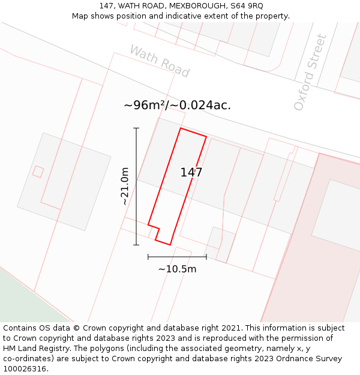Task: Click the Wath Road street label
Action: (x=160, y=61)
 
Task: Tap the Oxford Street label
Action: (x=310, y=73)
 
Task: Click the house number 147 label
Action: (x=191, y=173)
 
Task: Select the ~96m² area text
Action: (x=143, y=105)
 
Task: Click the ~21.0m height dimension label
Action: (x=125, y=186)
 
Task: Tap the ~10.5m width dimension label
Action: (x=177, y=269)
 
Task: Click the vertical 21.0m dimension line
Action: (x=136, y=186)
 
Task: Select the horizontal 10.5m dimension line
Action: (x=177, y=257)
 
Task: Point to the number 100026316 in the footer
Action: (x=23, y=369)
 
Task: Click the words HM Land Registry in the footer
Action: (x=31, y=349)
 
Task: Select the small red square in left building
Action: (x=38, y=172)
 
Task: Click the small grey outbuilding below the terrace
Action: (x=220, y=244)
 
